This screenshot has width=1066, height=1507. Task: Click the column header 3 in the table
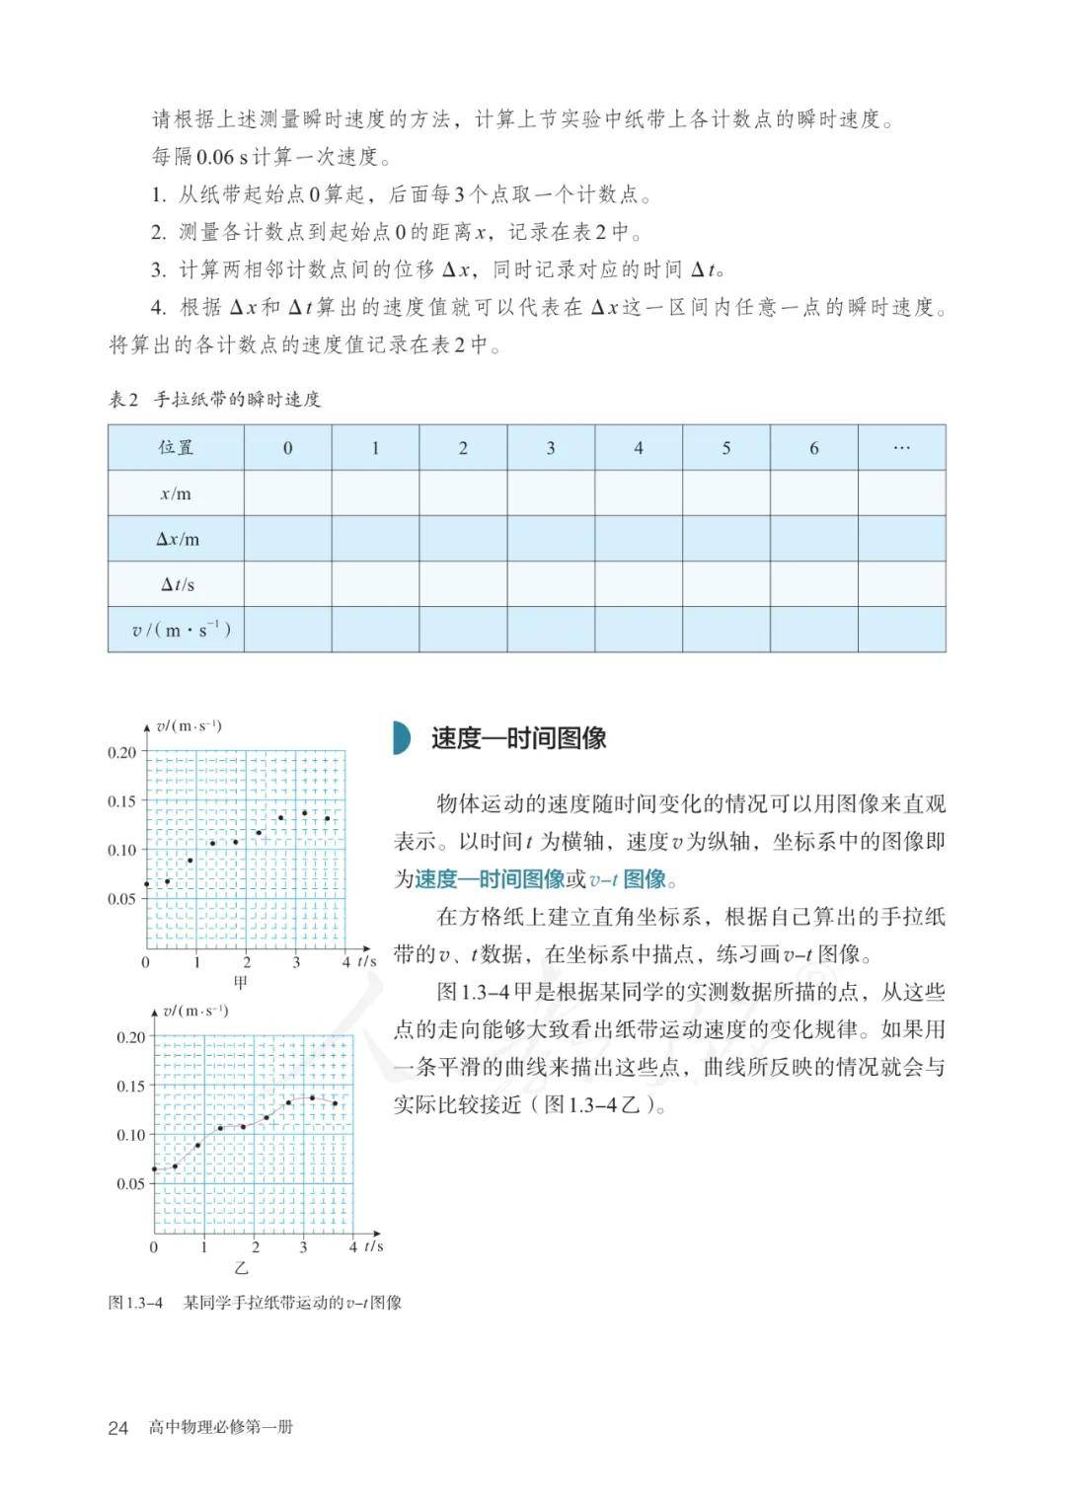click(551, 448)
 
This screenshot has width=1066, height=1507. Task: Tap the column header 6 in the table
click(814, 448)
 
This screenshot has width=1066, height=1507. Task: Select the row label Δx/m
click(177, 539)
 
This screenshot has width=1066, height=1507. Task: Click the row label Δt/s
click(177, 584)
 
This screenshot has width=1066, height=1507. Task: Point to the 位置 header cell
click(177, 448)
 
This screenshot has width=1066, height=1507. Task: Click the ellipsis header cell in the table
click(901, 448)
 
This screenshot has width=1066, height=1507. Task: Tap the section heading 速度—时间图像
click(518, 738)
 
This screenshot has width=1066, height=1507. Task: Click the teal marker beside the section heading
click(401, 738)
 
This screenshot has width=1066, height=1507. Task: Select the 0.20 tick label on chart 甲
click(122, 752)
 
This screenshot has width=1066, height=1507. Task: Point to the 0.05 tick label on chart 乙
click(130, 1184)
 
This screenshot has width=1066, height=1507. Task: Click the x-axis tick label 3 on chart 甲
click(297, 962)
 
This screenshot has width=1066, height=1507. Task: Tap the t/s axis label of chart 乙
click(372, 1246)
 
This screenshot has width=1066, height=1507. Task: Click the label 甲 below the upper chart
click(241, 982)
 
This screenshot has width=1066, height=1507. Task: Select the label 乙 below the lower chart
click(241, 1267)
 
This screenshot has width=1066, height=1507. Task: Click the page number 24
click(118, 1427)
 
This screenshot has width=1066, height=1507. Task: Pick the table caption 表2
click(123, 400)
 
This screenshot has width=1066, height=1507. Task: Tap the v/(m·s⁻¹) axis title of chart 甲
click(189, 726)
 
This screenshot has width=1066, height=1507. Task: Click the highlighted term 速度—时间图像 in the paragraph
click(489, 878)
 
